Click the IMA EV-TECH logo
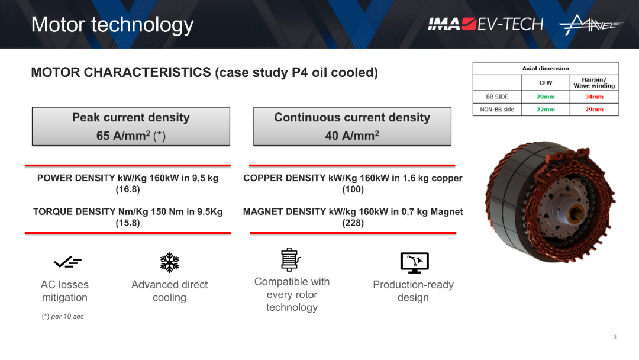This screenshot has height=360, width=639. pyautogui.click(x=485, y=24)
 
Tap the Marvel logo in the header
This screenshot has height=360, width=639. pyautogui.click(x=591, y=24)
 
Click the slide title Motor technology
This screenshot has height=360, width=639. pyautogui.click(x=112, y=25)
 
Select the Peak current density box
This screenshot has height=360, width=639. pyautogui.click(x=131, y=126)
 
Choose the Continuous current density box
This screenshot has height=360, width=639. pyautogui.click(x=352, y=126)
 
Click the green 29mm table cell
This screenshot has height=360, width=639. pyautogui.click(x=546, y=97)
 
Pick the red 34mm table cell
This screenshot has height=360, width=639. pyautogui.click(x=594, y=97)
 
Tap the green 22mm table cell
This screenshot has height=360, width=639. pyautogui.click(x=546, y=110)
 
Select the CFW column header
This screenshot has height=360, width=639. pyautogui.click(x=546, y=82)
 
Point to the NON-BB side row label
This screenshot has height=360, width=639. pyautogui.click(x=497, y=110)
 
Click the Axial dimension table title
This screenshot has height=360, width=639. pyautogui.click(x=546, y=69)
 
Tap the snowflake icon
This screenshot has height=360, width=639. pyautogui.click(x=170, y=262)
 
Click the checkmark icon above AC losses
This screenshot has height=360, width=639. pyautogui.click(x=67, y=262)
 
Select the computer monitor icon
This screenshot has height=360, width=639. pyautogui.click(x=414, y=262)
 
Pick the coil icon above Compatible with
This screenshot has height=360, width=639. pyautogui.click(x=291, y=260)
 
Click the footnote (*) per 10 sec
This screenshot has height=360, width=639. pyautogui.click(x=63, y=316)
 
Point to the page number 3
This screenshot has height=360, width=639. pyautogui.click(x=615, y=337)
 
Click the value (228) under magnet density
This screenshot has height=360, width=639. pyautogui.click(x=353, y=223)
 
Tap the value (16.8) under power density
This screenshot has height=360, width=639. pyautogui.click(x=128, y=189)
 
